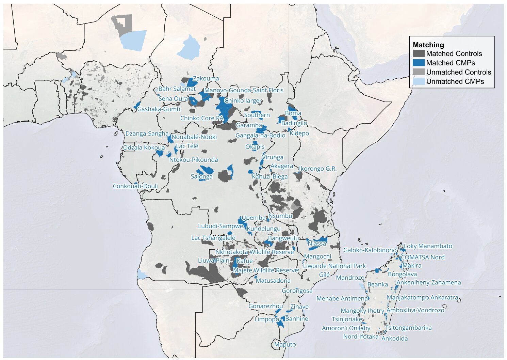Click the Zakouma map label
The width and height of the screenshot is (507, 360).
coord(206,79)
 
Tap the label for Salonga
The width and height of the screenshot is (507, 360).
coord(201,176)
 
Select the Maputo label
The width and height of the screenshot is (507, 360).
coord(285,345)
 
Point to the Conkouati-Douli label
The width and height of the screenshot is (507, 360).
coord(135,186)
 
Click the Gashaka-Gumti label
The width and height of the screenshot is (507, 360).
coord(159,109)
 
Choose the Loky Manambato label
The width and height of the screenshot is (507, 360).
coord(428,246)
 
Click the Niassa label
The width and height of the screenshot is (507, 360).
coord(316,244)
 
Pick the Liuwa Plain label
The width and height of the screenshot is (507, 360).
coord(214,261)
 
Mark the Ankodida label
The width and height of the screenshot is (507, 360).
coord(394,339)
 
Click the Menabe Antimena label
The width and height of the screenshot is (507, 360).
coord(342,299)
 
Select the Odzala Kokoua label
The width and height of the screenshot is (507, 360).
coord(144,148)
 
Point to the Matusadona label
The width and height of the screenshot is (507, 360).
coord(273,281)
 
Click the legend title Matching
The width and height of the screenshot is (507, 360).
coord(428,45)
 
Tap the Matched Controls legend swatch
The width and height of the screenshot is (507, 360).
coord(418,54)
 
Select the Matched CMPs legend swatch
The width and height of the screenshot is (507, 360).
coord(418,63)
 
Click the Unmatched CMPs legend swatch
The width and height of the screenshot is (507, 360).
coord(418,82)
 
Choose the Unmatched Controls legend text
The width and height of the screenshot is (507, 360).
coord(458,72)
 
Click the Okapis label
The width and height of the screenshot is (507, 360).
coord(255,147)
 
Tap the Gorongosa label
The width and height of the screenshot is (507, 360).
coord(297,291)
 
